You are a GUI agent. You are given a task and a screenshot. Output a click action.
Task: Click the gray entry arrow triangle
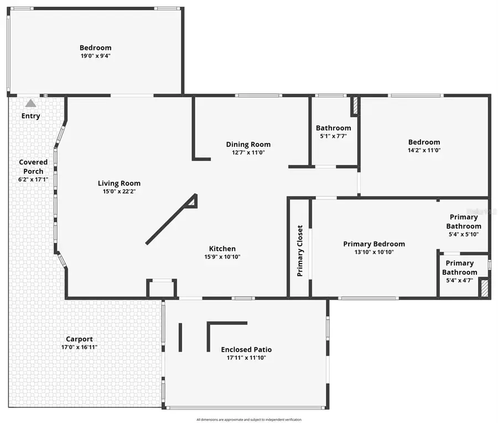pyautogui.click(x=30, y=103)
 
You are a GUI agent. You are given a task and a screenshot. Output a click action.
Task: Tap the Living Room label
pyautogui.click(x=119, y=183)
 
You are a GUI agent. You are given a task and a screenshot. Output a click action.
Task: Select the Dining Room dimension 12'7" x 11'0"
pyautogui.click(x=248, y=152)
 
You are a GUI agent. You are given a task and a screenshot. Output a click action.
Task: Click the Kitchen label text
pyautogui.click(x=222, y=249)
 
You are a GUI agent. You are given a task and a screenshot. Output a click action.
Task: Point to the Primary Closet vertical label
pyautogui.click(x=300, y=250)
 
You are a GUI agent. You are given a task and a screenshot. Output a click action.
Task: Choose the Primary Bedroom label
pyautogui.click(x=373, y=244)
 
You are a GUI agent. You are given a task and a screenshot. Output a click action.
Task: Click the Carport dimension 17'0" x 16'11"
pyautogui.click(x=79, y=347)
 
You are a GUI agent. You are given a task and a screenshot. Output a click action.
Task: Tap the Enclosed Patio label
pyautogui.click(x=246, y=349)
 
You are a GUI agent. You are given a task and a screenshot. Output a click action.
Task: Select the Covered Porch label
pyautogui.click(x=33, y=167)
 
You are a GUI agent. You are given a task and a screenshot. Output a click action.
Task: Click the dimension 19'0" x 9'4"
pyautogui.click(x=95, y=56)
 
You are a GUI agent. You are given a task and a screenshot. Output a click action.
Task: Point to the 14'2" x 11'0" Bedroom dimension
pyautogui.click(x=424, y=150)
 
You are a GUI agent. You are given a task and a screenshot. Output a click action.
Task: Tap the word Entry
pyautogui.click(x=30, y=116)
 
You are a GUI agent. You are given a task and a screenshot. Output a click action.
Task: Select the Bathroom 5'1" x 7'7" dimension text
pyautogui.click(x=333, y=136)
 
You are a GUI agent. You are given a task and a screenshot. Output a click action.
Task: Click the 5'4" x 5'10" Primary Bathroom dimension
pyautogui.click(x=463, y=234)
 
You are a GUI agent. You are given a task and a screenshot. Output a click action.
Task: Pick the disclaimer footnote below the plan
pyautogui.click(x=248, y=420)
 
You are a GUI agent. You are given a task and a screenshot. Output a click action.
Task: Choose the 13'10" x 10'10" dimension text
pyautogui.click(x=373, y=252)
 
